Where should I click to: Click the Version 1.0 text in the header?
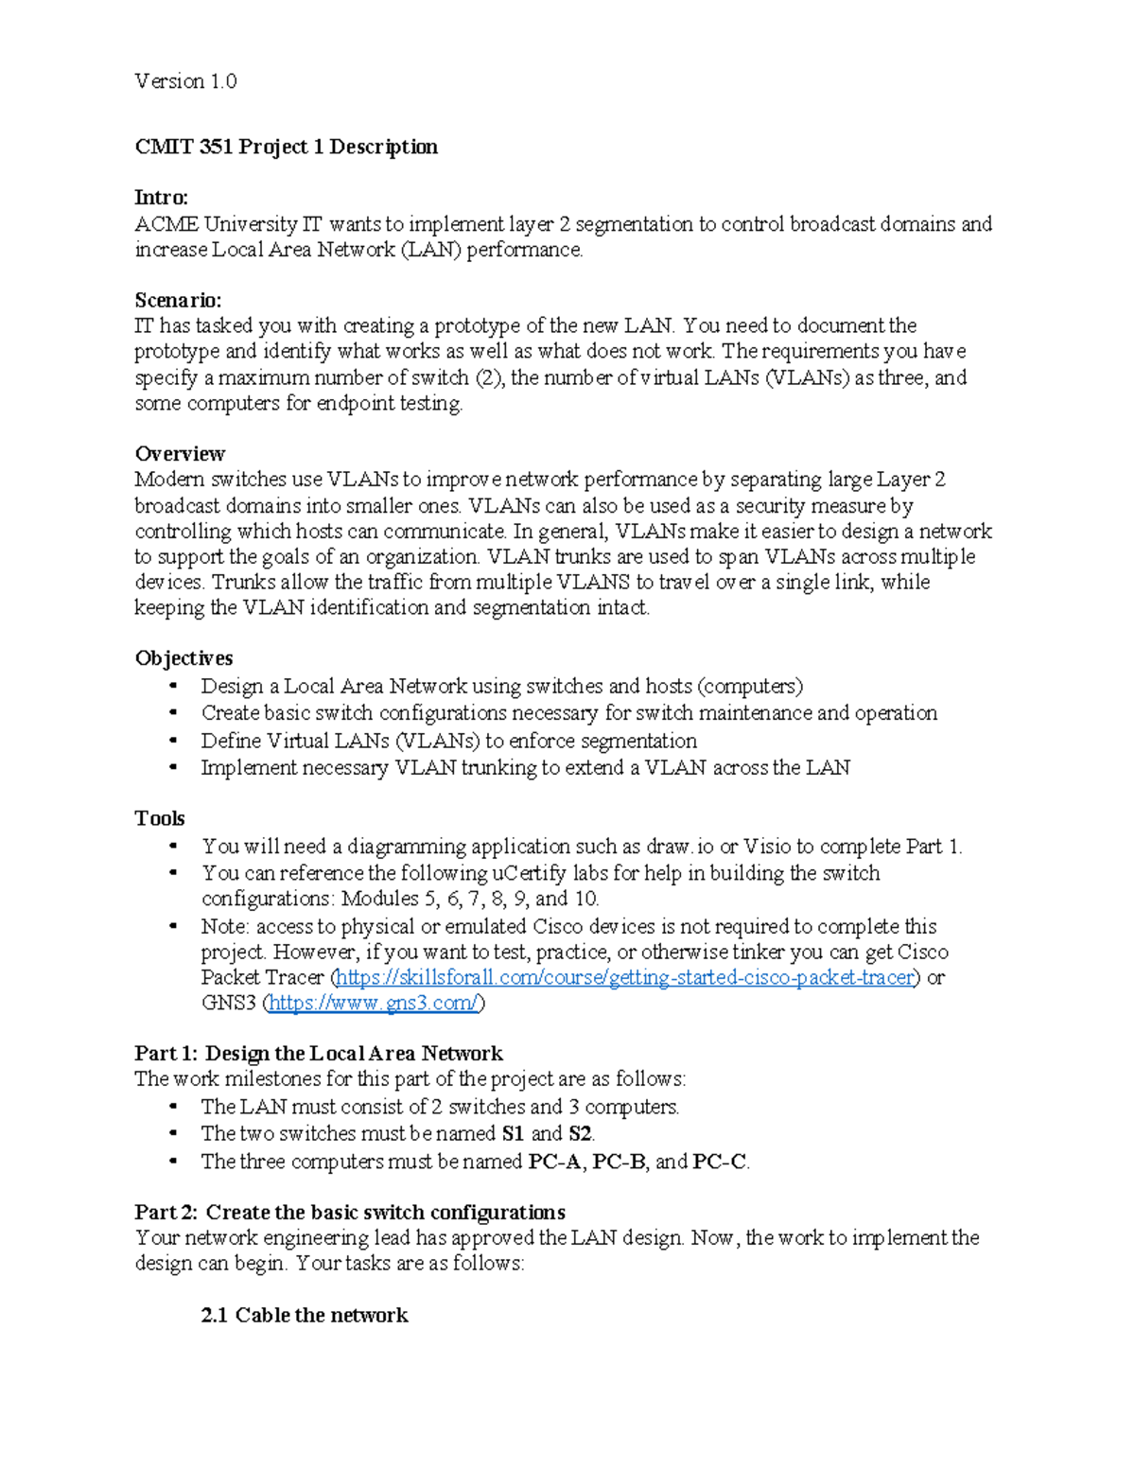point(185,81)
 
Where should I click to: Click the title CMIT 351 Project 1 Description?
point(286,147)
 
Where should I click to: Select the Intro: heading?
point(161,198)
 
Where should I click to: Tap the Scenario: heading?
point(178,300)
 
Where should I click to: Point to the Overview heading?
point(180,453)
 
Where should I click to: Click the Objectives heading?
point(183,658)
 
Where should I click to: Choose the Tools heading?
point(159,818)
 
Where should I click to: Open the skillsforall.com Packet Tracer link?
point(624,977)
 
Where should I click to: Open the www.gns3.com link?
point(374,1003)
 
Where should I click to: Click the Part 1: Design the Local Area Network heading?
point(319,1054)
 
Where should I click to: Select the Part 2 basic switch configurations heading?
point(350,1213)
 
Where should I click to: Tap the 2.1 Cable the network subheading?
point(304,1315)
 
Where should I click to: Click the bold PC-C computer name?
point(720,1162)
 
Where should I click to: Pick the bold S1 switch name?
point(513,1133)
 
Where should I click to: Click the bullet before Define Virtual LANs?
point(173,741)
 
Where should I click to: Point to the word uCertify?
point(530,873)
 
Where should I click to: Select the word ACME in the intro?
point(166,224)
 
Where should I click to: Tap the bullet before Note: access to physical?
point(173,927)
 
